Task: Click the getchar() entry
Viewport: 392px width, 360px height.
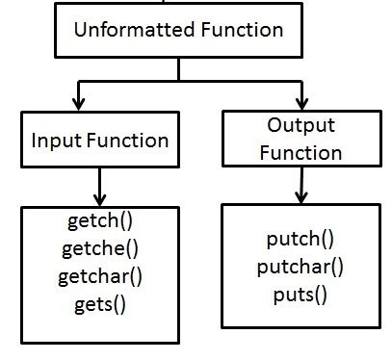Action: click(x=99, y=277)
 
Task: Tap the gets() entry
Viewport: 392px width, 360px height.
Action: click(x=99, y=305)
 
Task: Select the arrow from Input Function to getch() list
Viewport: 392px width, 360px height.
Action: click(x=99, y=185)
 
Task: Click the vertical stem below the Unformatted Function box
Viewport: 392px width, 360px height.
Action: click(x=177, y=69)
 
